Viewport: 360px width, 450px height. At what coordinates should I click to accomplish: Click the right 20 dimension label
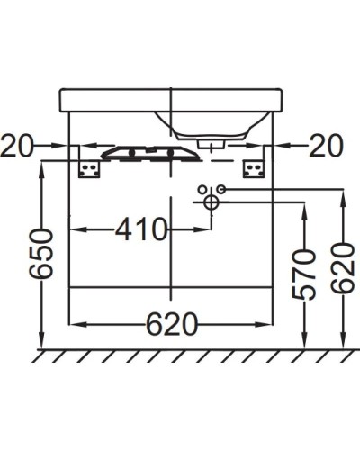pos(327,145)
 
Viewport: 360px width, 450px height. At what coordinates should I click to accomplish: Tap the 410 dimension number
pos(141,229)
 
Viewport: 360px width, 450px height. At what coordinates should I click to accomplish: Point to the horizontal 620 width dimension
pos(171,325)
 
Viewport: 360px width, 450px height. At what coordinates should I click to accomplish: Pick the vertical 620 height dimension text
pos(342,270)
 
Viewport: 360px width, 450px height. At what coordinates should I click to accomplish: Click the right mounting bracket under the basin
pos(253,169)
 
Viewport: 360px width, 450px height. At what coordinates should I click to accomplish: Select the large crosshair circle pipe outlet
pos(210,202)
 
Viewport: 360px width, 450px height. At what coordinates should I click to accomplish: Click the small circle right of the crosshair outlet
pos(220,189)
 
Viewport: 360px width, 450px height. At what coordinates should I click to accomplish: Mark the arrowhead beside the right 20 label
pos(281,145)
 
